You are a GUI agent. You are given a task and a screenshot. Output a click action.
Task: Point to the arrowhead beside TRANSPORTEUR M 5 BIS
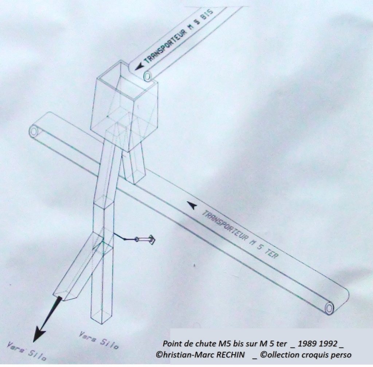[x=139, y=67]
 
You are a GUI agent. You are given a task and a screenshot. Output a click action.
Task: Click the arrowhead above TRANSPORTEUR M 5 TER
[x=192, y=205]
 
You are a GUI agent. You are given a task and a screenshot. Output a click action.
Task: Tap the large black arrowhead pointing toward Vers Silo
[x=39, y=334]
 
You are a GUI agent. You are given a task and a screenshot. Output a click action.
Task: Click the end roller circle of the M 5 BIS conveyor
[x=147, y=76]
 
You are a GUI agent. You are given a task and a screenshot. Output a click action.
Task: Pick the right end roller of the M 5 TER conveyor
[x=329, y=308]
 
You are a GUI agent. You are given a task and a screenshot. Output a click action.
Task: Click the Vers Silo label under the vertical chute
[x=98, y=340]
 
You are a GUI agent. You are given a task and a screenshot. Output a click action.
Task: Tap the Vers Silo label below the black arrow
[x=27, y=351]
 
